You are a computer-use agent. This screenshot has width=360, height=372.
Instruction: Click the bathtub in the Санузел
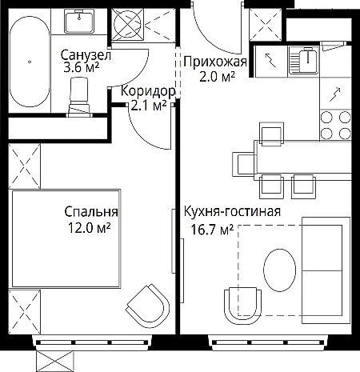[30, 62]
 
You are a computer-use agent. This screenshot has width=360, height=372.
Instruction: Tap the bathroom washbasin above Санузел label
[79, 22]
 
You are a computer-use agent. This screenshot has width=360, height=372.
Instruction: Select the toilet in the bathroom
[79, 97]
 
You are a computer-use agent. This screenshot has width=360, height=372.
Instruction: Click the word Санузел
[86, 55]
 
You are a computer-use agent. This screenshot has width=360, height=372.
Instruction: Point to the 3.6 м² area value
[81, 67]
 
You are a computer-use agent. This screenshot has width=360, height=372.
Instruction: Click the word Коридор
[148, 91]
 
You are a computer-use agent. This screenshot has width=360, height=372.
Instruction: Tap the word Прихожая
[215, 62]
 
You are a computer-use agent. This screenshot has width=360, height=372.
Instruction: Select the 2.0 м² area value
[217, 77]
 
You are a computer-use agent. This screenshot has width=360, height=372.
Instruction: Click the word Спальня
[91, 212]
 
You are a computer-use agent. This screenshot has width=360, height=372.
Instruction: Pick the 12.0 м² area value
[89, 228]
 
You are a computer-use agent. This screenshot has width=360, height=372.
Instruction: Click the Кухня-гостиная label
[232, 211]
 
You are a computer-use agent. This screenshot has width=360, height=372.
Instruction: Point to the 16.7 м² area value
[212, 230]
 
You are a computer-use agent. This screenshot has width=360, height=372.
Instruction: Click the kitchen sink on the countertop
[304, 61]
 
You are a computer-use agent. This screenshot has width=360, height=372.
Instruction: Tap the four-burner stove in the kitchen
[335, 126]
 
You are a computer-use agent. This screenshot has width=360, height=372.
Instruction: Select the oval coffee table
[279, 270]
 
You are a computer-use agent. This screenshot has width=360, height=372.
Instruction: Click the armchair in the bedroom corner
[148, 303]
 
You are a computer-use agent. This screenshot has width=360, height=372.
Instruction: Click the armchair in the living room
[243, 306]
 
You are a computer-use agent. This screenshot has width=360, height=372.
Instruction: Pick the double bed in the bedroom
[66, 238]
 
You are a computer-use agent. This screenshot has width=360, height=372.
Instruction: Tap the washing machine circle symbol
[127, 24]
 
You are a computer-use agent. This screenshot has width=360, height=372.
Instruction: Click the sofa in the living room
[326, 270]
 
